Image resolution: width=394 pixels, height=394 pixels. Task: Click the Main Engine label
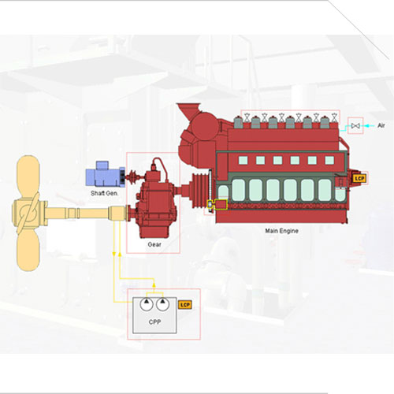click(x=281, y=231)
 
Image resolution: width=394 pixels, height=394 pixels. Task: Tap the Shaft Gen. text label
click(x=104, y=193)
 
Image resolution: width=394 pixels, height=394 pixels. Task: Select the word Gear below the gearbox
click(x=154, y=244)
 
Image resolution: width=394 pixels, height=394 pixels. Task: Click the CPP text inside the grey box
click(x=154, y=322)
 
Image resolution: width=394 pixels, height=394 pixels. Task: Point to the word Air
click(x=381, y=125)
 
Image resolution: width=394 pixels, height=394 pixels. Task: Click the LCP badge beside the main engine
click(x=359, y=179)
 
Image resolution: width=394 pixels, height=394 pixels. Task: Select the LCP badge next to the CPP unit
click(x=185, y=305)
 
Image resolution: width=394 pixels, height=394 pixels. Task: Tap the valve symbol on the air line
click(x=355, y=126)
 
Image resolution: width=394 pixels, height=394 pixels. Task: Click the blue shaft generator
click(x=105, y=174)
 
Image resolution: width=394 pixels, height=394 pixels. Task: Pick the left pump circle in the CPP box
click(x=147, y=304)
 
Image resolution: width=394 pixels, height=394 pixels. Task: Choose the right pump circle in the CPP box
click(x=163, y=304)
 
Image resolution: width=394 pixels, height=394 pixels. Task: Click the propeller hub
click(x=30, y=212)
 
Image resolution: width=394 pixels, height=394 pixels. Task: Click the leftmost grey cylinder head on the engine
click(x=239, y=122)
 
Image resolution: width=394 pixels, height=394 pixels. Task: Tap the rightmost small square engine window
click(x=329, y=160)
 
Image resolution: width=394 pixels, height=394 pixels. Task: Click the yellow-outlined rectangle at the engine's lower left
click(x=221, y=205)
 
